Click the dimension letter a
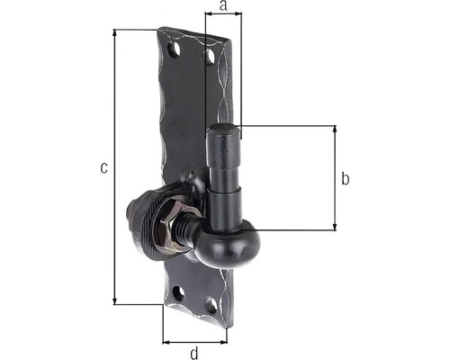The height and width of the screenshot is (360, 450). point(223,5)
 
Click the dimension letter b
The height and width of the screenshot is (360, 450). point(346,178)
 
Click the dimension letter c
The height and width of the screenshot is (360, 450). point(103,167)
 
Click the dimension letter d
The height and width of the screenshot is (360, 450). point(194,353)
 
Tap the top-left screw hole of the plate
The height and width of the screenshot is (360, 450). point(174,49)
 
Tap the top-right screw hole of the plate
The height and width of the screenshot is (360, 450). point(209,57)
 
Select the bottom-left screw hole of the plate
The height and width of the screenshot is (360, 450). point(179,293)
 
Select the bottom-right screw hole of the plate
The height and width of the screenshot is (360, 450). point(211,306)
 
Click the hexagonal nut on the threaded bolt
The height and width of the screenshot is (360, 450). point(169,223)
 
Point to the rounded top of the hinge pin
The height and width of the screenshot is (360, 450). point(223,130)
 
